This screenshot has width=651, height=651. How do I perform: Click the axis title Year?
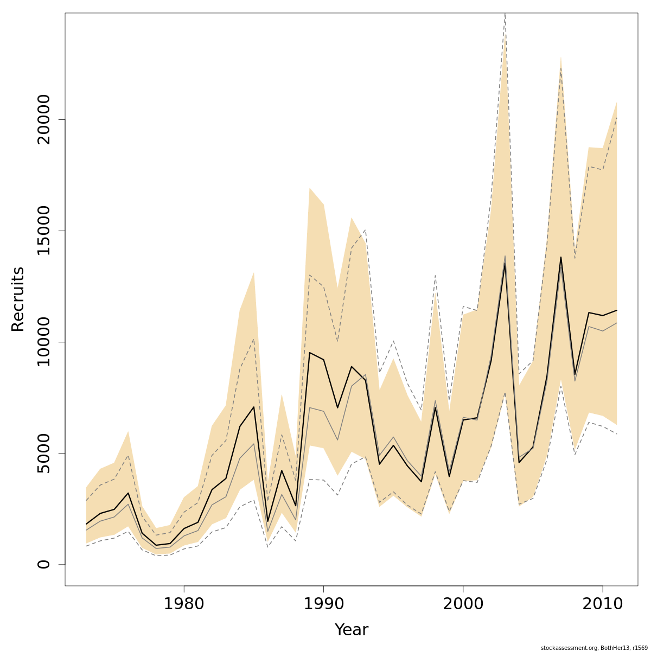click(351, 630)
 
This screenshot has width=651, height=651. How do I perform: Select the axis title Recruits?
click(18, 299)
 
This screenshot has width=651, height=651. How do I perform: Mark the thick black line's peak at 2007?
click(561, 257)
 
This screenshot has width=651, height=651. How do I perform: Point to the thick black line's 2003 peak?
click(505, 263)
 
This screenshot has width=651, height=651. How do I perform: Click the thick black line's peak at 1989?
click(309, 353)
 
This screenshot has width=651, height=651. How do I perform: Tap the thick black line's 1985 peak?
click(253, 407)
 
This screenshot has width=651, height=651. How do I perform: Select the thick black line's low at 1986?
click(267, 521)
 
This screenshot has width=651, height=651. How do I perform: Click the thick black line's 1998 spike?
click(435, 407)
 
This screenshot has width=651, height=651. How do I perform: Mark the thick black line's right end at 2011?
click(617, 310)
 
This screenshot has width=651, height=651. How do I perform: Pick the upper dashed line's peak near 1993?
click(366, 231)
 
